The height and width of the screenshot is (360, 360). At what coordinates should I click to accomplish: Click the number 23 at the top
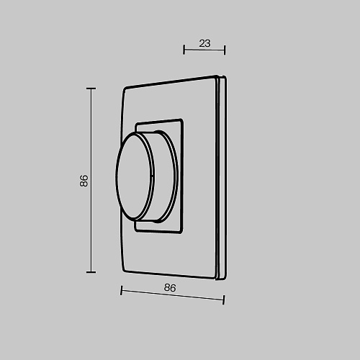pyautogui.click(x=204, y=43)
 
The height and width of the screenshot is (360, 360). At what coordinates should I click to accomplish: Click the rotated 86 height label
pyautogui.click(x=84, y=181)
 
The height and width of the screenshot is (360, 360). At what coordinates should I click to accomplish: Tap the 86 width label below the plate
pyautogui.click(x=170, y=287)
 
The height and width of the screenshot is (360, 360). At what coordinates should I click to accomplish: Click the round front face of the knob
pyautogui.click(x=134, y=176)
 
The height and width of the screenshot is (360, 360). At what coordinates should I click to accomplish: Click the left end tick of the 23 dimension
pyautogui.click(x=184, y=49)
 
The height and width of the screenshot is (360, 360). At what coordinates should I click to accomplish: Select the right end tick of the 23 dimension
pyautogui.click(x=225, y=49)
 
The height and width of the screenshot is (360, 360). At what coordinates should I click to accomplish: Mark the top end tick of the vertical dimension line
pyautogui.click(x=91, y=89)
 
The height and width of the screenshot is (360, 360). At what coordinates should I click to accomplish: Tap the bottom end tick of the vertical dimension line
pyautogui.click(x=91, y=271)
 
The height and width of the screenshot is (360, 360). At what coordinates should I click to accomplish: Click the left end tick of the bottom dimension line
pyautogui.click(x=122, y=290)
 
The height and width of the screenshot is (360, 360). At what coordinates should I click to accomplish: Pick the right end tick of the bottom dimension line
pyautogui.click(x=224, y=299)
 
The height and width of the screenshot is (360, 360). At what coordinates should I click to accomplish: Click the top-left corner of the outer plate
pyautogui.click(x=125, y=89)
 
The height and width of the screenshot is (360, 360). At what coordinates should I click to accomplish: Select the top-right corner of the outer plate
pyautogui.click(x=217, y=76)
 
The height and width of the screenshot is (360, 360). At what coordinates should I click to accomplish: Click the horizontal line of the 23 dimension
pyautogui.click(x=204, y=50)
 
